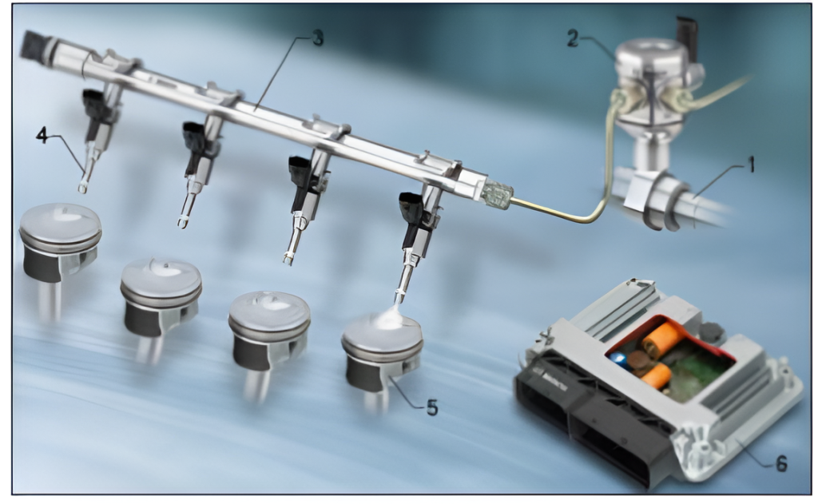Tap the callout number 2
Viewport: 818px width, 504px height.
(573, 38)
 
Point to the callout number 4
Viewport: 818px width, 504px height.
(42, 135)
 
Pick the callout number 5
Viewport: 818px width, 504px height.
(432, 408)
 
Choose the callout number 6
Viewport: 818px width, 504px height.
(781, 463)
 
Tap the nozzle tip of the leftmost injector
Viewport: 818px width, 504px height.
(82, 188)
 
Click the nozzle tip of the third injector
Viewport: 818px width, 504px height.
(288, 258)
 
